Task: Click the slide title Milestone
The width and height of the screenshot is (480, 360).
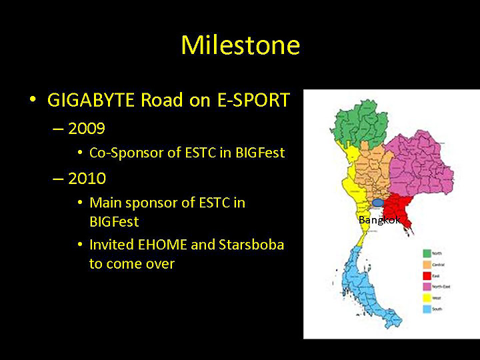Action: [x=240, y=45]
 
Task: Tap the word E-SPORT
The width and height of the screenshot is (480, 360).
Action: [x=253, y=101]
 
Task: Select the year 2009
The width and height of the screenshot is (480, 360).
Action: [x=87, y=127]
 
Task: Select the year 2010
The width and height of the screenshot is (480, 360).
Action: [x=87, y=179]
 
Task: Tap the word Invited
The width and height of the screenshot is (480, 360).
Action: [x=110, y=245]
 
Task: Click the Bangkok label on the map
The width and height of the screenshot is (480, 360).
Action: [x=377, y=220]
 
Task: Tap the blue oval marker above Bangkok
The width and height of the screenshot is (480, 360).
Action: [x=379, y=202]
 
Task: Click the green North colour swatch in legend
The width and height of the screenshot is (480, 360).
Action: [x=427, y=253]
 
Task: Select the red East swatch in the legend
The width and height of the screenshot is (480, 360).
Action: [x=427, y=275]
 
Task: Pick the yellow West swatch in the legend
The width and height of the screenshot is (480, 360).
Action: [x=427, y=298]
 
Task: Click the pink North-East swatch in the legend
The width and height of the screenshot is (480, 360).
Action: [x=427, y=287]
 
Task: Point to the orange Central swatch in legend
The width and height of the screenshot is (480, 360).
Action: [x=427, y=265]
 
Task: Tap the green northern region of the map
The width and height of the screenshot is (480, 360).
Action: [x=360, y=123]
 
